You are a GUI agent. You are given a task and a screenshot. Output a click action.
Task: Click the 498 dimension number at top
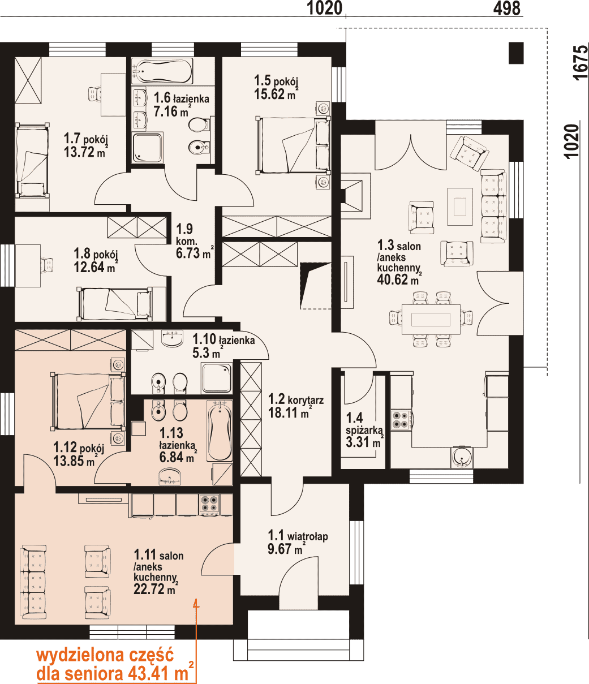pyautogui.click(x=506, y=8)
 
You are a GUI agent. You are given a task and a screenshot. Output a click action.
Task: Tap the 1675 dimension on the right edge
pyautogui.click(x=581, y=63)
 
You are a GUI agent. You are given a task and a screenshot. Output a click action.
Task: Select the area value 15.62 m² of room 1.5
pyautogui.click(x=274, y=94)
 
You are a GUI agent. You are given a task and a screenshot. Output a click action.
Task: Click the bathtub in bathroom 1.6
pyautogui.click(x=162, y=71)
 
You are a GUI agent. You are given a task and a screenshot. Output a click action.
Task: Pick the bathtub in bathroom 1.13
pyautogui.click(x=220, y=431)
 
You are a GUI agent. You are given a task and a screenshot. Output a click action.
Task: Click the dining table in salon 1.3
pyautogui.click(x=431, y=319)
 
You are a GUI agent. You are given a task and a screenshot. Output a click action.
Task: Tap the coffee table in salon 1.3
pyautogui.click(x=459, y=207)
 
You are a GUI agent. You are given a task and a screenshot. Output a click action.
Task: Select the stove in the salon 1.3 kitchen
pyautogui.click(x=401, y=420)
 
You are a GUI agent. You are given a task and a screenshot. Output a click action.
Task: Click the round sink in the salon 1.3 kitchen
pyautogui.click(x=462, y=458)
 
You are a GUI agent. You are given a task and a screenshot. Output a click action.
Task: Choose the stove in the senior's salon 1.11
pyautogui.click(x=209, y=504)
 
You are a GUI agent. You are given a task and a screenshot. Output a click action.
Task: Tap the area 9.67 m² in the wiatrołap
pyautogui.click(x=285, y=550)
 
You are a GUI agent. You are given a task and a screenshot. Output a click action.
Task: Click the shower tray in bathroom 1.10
pyautogui.click(x=217, y=378)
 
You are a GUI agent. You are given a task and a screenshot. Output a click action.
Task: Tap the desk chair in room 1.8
pyautogui.click(x=46, y=265)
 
